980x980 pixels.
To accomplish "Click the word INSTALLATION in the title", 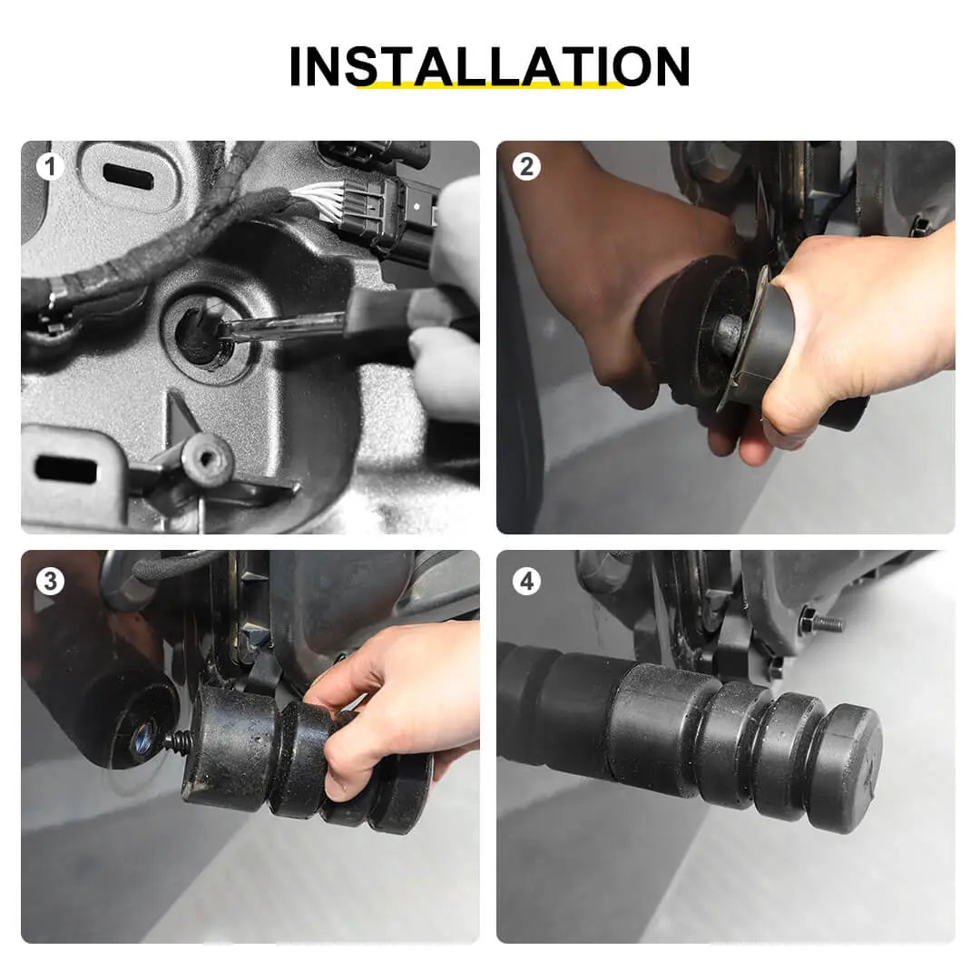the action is pos(489,65).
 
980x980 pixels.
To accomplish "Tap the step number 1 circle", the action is pos(50,166).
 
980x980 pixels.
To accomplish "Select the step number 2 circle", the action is pos(526,166).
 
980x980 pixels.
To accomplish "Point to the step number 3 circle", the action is pos(50,582).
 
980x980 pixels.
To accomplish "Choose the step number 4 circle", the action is pos(526,582).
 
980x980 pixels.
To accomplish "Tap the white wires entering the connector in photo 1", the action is pos(318,200).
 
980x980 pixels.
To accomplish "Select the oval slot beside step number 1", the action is pos(128,176).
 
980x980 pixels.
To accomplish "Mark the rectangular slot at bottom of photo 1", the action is pos(66,468).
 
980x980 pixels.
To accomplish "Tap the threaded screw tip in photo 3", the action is pos(178,742).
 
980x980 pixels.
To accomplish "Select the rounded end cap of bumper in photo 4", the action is pos(852,769).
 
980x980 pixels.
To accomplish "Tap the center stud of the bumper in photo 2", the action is pos(727,334).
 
